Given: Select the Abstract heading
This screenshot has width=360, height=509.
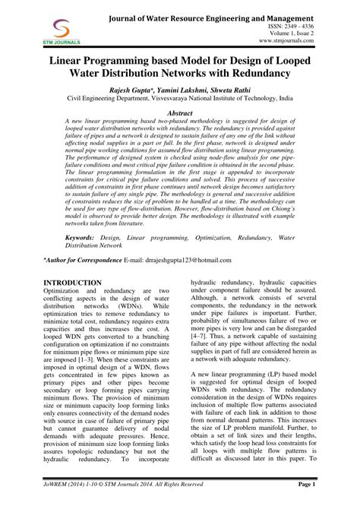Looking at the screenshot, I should click(x=180, y=111).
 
